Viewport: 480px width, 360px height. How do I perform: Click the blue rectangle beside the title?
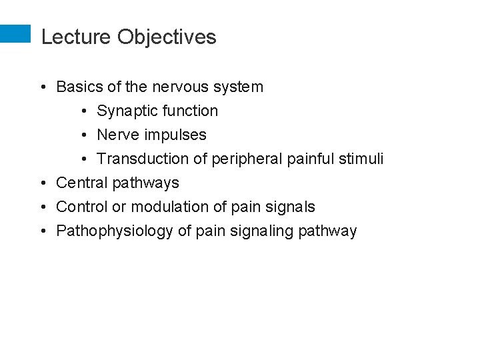point(15,34)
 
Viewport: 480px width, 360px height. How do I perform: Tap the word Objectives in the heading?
point(167,38)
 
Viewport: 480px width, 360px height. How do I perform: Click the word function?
point(191,111)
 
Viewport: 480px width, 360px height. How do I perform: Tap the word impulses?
point(175,135)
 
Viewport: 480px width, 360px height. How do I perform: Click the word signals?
point(291,207)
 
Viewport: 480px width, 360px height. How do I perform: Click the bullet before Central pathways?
point(42,183)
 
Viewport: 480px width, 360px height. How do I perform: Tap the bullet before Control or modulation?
point(42,207)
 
